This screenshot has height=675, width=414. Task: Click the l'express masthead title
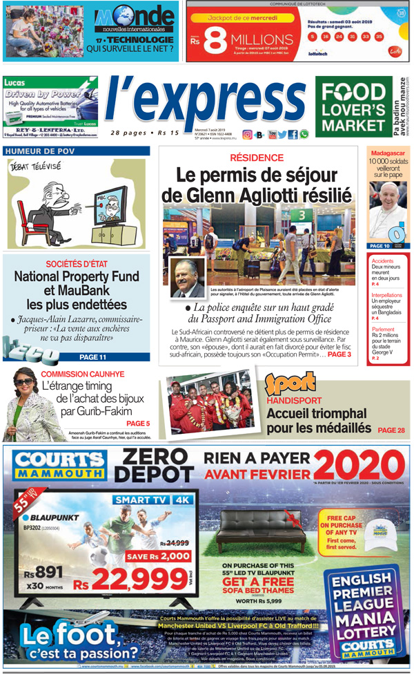205,102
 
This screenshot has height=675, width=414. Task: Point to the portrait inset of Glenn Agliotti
187,276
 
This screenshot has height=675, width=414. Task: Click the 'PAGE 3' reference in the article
339,354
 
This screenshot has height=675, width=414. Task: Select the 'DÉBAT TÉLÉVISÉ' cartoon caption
35,167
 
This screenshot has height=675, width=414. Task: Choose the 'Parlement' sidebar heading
383,330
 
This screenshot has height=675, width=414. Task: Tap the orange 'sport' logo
290,382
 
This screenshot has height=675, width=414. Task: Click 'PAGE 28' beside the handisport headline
391,430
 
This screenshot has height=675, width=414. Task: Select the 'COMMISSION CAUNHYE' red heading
82,374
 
